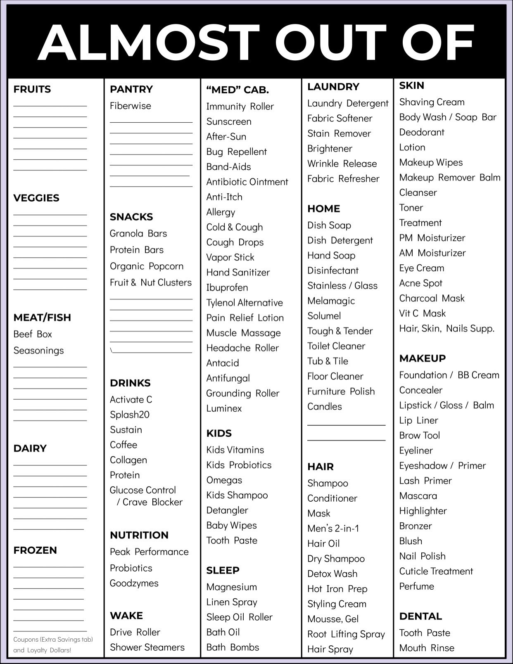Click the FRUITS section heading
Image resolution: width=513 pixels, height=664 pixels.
click(x=32, y=89)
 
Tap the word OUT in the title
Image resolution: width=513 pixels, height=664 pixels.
click(x=330, y=43)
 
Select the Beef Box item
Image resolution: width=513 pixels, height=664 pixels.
click(x=33, y=334)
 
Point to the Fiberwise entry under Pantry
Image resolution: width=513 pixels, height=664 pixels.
click(x=131, y=106)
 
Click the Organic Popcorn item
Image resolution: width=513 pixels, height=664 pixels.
click(x=147, y=266)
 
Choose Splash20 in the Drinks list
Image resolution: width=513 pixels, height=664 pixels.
click(x=130, y=415)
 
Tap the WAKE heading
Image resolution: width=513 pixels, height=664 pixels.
click(x=126, y=616)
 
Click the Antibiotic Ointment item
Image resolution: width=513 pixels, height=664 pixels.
click(x=247, y=182)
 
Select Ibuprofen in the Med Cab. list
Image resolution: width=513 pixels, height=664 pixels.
click(x=227, y=288)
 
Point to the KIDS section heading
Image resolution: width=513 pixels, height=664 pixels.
click(x=219, y=433)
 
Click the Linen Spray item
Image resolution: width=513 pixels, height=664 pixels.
click(x=232, y=602)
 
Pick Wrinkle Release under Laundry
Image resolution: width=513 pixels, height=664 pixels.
click(x=342, y=164)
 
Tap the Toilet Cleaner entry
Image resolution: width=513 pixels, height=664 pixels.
click(x=336, y=346)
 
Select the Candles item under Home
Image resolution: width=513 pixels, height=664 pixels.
click(x=325, y=407)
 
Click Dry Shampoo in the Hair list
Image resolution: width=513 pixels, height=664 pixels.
click(x=336, y=559)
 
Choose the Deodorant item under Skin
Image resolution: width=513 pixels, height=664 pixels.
click(x=422, y=133)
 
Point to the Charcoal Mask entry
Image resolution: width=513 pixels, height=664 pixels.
click(x=432, y=299)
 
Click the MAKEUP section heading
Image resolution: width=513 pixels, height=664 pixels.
click(x=423, y=358)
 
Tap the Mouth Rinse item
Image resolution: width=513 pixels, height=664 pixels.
click(x=427, y=648)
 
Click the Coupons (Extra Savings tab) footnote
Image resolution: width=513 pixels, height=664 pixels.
click(x=53, y=640)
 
